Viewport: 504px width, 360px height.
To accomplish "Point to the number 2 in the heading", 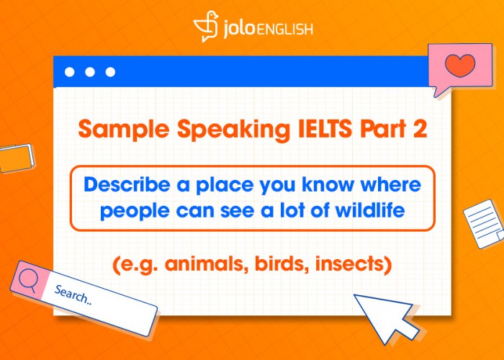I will pos(418,130).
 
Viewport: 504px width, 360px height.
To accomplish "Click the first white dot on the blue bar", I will pos(70,72).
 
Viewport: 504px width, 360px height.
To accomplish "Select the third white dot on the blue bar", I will pos(110,72).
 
